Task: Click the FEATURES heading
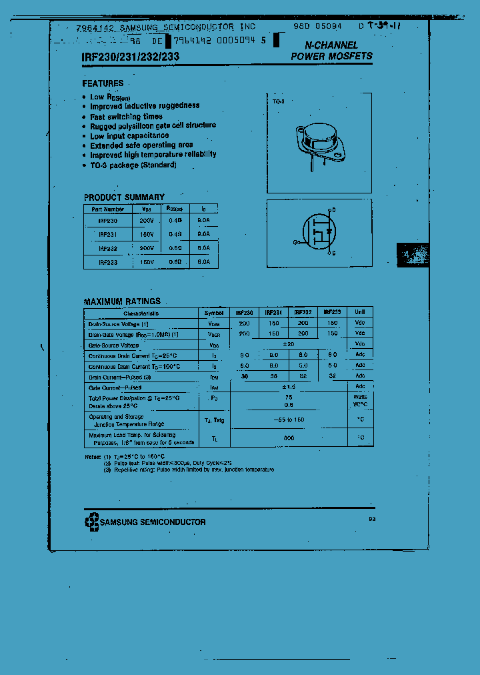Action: click(103, 83)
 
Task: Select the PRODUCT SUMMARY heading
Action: click(124, 197)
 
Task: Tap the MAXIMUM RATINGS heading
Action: click(122, 301)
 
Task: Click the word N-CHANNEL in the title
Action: click(331, 45)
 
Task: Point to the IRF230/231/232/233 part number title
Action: click(125, 57)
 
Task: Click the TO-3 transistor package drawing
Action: click(321, 141)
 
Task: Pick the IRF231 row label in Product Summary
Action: click(107, 234)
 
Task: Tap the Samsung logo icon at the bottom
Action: click(91, 522)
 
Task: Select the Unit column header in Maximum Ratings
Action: click(360, 312)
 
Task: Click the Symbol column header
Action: click(214, 312)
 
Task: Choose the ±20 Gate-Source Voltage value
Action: click(288, 344)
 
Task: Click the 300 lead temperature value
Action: click(288, 438)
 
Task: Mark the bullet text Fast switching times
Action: click(127, 116)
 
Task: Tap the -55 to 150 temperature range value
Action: click(288, 420)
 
